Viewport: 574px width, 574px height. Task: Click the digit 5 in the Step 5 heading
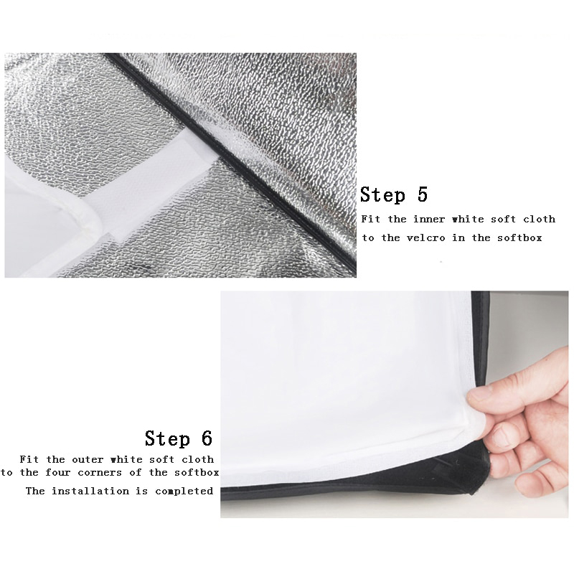point(423,194)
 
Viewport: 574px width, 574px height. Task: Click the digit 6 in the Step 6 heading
point(207,438)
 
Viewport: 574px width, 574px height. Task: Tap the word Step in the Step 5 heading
point(382,194)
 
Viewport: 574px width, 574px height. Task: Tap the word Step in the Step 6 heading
point(167,438)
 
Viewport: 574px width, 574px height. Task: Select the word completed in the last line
point(184,491)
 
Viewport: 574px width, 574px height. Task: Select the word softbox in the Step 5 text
point(519,238)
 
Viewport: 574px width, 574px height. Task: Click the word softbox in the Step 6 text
point(197,473)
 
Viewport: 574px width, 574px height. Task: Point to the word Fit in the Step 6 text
point(29,459)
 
